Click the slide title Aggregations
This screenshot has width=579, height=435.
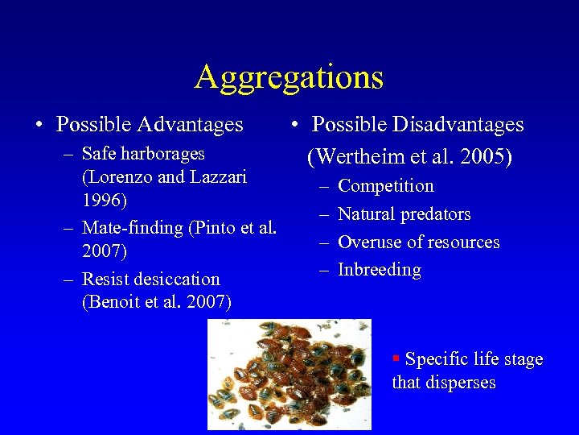click(x=289, y=77)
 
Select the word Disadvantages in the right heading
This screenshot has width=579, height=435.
click(x=458, y=125)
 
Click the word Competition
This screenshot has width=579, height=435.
click(x=386, y=186)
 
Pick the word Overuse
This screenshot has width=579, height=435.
click(x=368, y=242)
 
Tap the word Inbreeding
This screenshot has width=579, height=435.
click(x=380, y=270)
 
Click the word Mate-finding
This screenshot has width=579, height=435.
click(x=133, y=228)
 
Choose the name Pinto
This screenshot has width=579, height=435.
click(x=211, y=228)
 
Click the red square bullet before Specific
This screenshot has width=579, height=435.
click(x=396, y=357)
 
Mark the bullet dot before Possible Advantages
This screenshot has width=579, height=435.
click(x=39, y=126)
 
